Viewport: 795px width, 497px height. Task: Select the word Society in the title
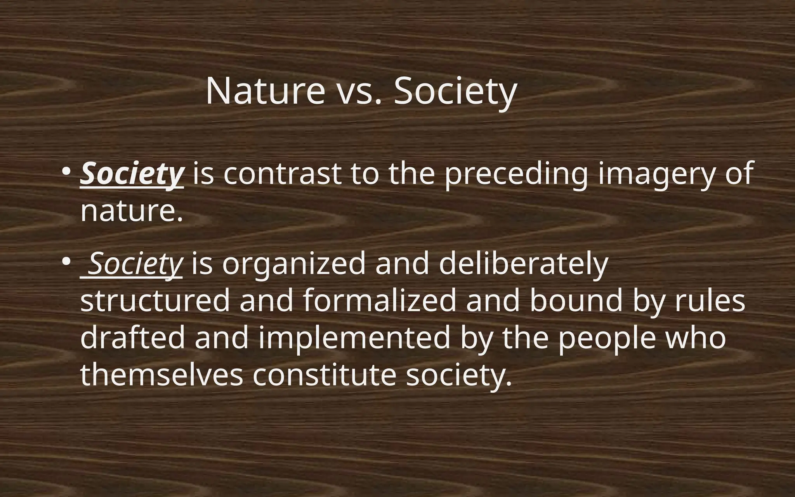pyautogui.click(x=455, y=92)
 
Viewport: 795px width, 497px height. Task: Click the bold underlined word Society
pyautogui.click(x=132, y=174)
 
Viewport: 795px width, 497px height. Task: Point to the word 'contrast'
pyautogui.click(x=282, y=174)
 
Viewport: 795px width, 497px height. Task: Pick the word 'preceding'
pyautogui.click(x=516, y=174)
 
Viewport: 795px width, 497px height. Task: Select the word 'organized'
pyautogui.click(x=294, y=264)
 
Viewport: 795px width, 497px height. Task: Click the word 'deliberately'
pyautogui.click(x=523, y=264)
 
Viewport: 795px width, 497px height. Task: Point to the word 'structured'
pyautogui.click(x=155, y=301)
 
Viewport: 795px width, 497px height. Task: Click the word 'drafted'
pyautogui.click(x=133, y=337)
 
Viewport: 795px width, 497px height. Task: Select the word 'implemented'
pyautogui.click(x=354, y=337)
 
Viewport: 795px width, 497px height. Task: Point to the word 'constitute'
pyautogui.click(x=325, y=374)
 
